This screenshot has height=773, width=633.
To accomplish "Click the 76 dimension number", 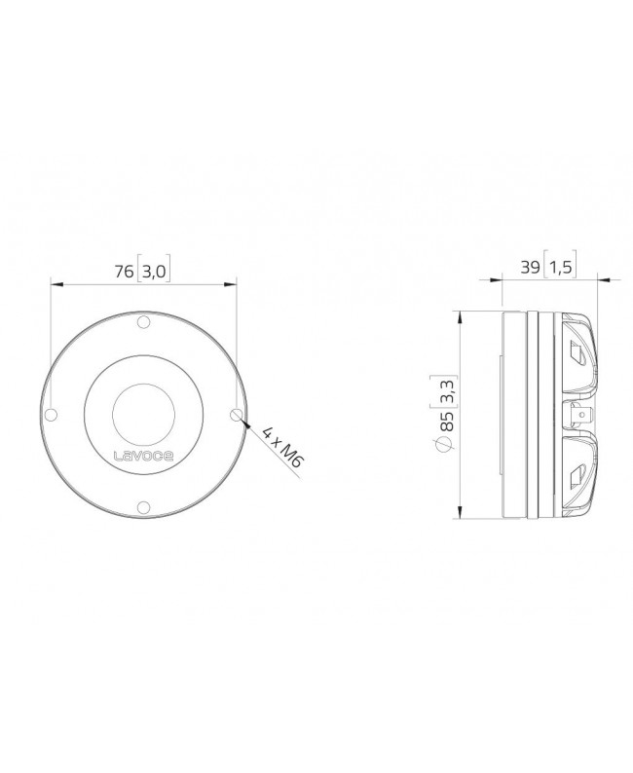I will [x=124, y=272].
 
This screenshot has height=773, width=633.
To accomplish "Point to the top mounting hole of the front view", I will [x=142, y=323].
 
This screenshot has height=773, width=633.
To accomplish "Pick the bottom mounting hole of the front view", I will [x=142, y=504].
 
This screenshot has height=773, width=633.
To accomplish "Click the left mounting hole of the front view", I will [x=53, y=414].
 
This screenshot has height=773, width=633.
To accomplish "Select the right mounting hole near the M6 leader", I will [x=234, y=414].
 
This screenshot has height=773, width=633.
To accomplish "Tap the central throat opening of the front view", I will [x=142, y=414].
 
